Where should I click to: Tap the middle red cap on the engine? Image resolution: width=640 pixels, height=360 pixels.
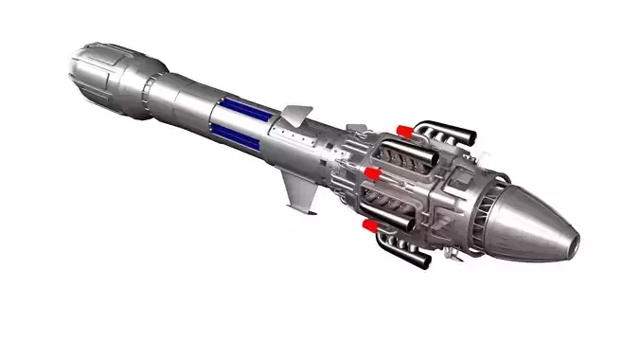[372, 174]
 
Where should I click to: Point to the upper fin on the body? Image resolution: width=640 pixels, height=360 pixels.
[297, 115]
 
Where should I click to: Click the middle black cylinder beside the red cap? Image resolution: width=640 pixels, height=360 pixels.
[389, 177]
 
